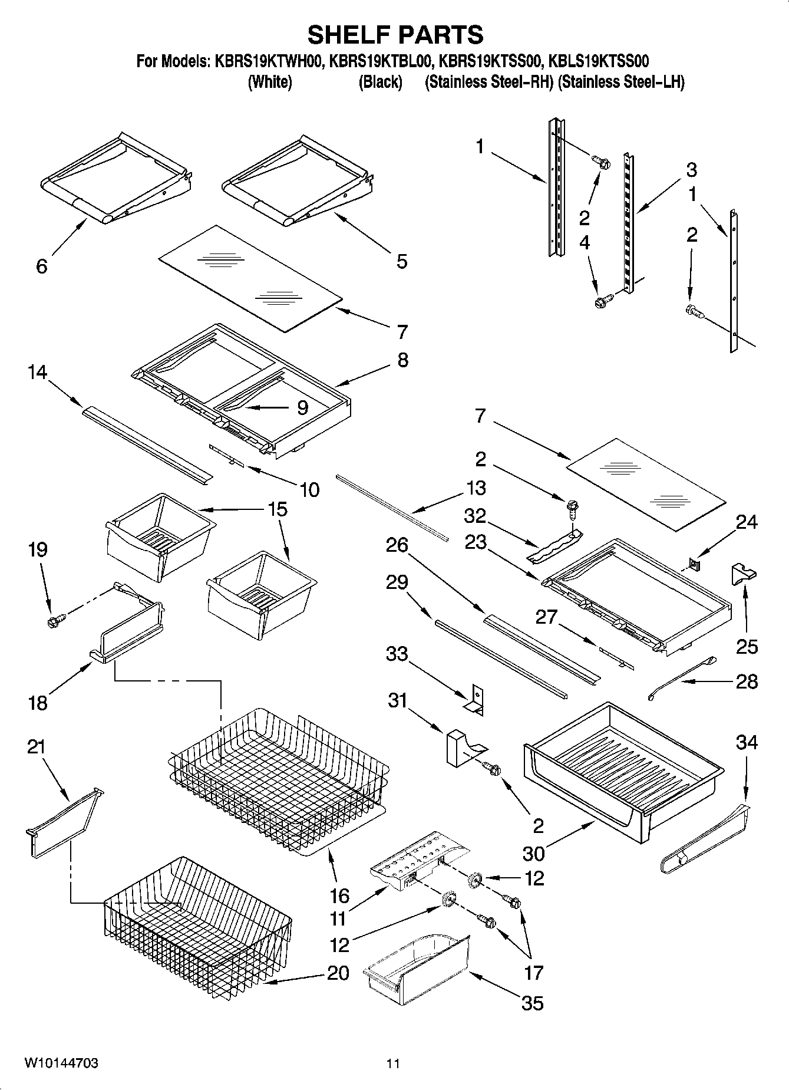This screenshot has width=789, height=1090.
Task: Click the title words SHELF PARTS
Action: click(395, 35)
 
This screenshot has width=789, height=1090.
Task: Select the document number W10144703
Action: click(61, 1063)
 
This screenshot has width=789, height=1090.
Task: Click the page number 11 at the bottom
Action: click(393, 1064)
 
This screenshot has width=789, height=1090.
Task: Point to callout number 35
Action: click(532, 1003)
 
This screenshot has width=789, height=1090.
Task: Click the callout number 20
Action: click(338, 973)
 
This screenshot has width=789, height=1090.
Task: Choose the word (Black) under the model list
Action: click(380, 82)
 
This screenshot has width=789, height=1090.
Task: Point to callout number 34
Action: click(747, 742)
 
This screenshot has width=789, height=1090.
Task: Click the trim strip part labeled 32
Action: click(554, 546)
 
